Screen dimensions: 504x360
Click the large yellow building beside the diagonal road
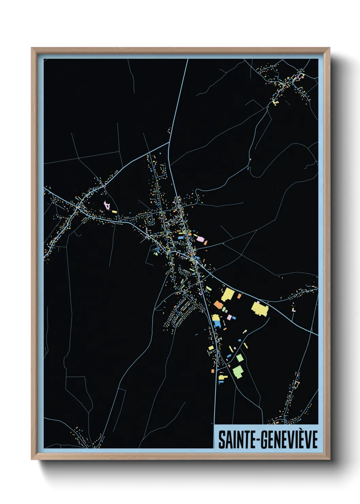click(x=228, y=295)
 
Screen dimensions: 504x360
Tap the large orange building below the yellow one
click(x=218, y=305)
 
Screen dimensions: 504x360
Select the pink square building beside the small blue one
click(x=229, y=317)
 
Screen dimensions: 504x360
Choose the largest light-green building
click(x=238, y=371)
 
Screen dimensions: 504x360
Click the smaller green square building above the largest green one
click(x=240, y=358)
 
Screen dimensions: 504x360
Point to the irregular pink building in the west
click(x=107, y=205)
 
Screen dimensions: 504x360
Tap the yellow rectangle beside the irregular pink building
click(x=114, y=212)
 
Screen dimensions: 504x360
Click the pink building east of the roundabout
click(x=200, y=239)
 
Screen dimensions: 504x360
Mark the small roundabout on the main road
click(x=195, y=259)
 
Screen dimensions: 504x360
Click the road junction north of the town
click(x=169, y=143)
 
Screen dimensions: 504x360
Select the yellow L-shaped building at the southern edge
click(x=222, y=377)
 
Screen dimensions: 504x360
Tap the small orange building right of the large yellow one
click(x=239, y=296)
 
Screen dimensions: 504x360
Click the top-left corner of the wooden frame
click(x=32, y=48)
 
